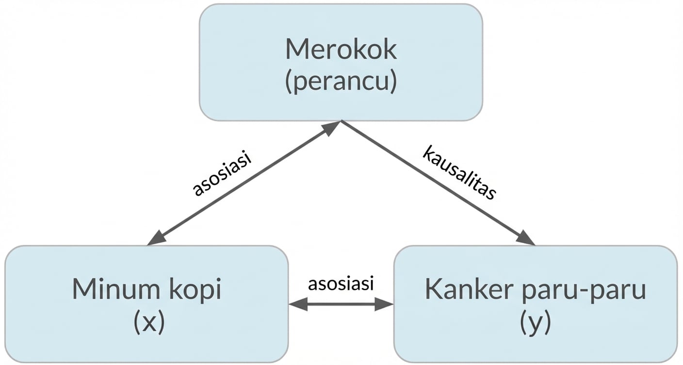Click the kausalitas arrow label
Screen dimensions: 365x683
pos(459,172)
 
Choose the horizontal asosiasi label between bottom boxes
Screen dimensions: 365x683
pos(341,283)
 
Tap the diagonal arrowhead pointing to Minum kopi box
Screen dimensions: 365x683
pos(156,238)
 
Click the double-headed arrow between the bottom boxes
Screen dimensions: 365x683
pos(341,304)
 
